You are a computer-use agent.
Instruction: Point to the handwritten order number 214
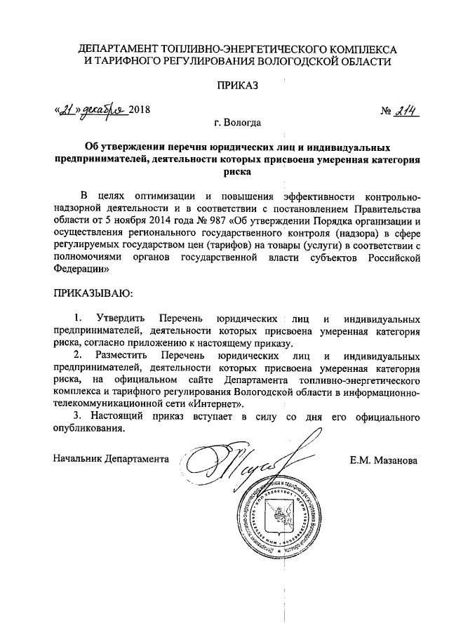[406, 110]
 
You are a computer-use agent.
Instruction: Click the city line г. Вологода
[238, 123]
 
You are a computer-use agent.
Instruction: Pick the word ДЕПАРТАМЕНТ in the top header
[119, 49]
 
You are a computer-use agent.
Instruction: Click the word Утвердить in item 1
[119, 318]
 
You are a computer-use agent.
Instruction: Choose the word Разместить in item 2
[120, 355]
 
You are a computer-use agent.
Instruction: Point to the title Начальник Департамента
[112, 459]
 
